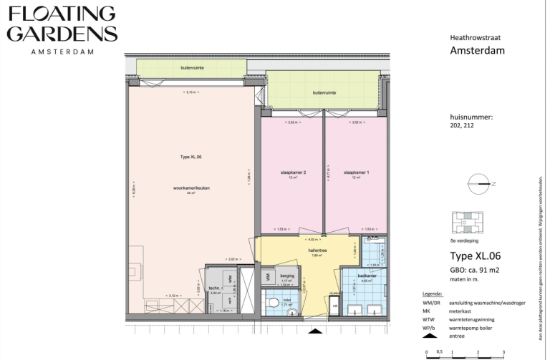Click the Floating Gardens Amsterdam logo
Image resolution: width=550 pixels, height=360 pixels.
click(x=60, y=29)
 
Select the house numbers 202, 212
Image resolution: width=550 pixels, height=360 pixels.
click(x=462, y=125)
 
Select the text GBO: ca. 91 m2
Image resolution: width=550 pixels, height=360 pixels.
click(x=475, y=270)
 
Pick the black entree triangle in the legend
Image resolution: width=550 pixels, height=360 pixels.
click(x=428, y=335)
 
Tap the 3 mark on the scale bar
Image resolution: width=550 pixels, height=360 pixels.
click(x=503, y=352)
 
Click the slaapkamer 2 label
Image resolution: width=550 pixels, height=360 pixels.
click(x=293, y=172)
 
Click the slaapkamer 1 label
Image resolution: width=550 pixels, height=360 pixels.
click(x=356, y=172)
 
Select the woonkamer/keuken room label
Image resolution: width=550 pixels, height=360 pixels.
click(x=191, y=189)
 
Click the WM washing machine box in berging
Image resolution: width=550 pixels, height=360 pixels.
click(x=267, y=276)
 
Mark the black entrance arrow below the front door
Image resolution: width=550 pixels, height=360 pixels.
click(x=316, y=331)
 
